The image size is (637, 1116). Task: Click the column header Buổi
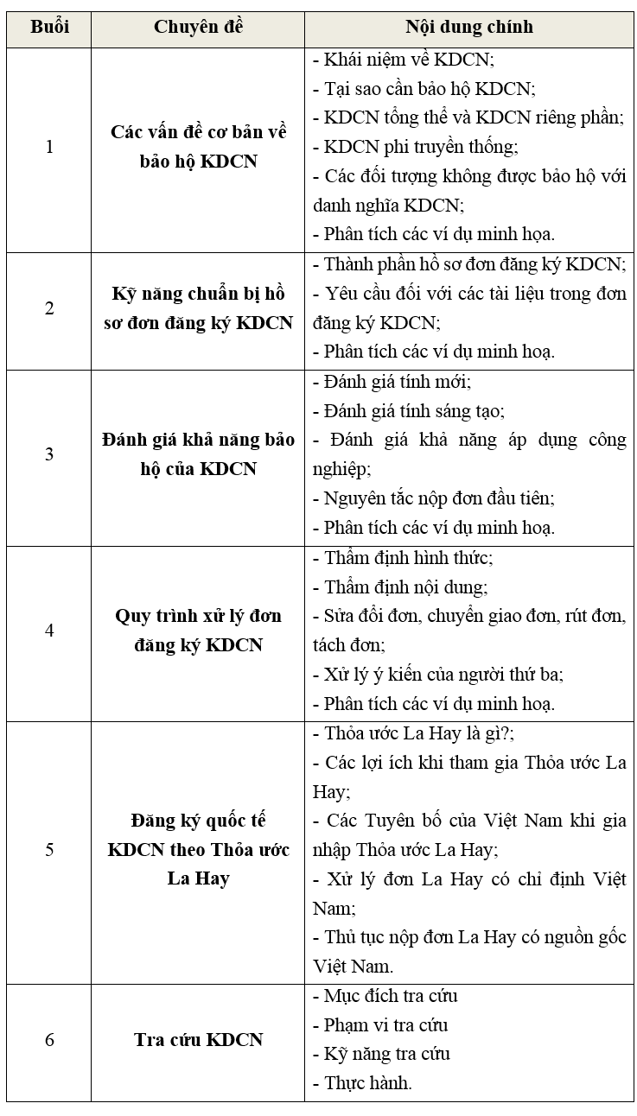tap(49, 27)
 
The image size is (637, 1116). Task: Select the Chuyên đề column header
tap(198, 27)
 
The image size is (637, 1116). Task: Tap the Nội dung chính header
tap(469, 27)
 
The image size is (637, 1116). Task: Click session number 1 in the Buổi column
tap(49, 147)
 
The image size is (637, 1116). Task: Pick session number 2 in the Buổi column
tap(49, 308)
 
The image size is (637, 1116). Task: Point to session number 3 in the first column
tap(49, 454)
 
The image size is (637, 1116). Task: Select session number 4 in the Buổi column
tap(49, 631)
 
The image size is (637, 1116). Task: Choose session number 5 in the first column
tap(49, 849)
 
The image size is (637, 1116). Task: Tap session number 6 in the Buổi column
tap(49, 1039)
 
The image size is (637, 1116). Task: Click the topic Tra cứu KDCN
tap(198, 1039)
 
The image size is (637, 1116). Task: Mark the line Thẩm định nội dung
tap(400, 587)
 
